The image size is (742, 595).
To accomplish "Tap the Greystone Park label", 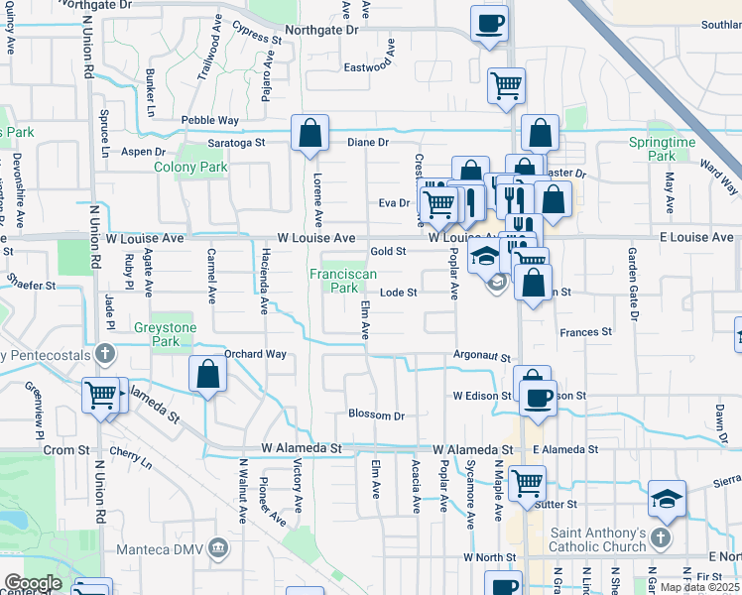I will [x=167, y=334].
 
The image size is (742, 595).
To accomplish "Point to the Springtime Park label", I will [x=662, y=149].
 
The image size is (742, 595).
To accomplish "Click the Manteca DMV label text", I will [x=159, y=549].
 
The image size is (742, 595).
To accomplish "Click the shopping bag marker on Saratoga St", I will [x=309, y=134].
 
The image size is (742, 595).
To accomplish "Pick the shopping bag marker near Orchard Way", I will [x=207, y=374].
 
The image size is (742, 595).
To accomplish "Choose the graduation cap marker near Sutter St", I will [x=667, y=499].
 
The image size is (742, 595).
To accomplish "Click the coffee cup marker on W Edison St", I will [x=538, y=399].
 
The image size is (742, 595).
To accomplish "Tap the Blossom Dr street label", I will [x=376, y=415].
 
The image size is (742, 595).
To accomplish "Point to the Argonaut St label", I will [x=481, y=356].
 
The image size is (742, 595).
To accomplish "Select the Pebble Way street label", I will [x=209, y=120].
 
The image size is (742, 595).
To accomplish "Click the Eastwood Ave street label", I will [x=369, y=67].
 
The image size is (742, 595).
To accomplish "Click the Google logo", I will [x=33, y=583].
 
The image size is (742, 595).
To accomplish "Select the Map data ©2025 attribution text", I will [x=700, y=587].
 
